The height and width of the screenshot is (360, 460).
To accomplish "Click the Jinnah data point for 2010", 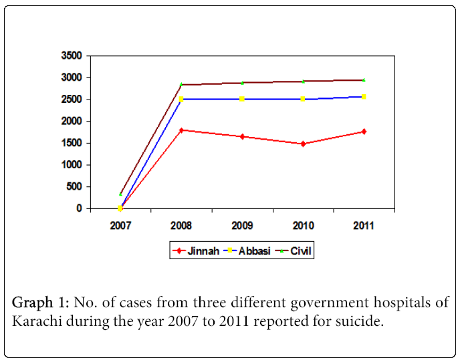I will tap(303, 144).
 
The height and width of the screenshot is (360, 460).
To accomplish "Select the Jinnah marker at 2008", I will tap(181, 130).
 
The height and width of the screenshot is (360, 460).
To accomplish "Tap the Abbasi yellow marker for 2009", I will tap(242, 99).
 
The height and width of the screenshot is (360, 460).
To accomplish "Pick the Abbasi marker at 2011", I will tap(364, 97).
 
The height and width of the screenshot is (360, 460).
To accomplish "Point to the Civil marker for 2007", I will tap(120, 194).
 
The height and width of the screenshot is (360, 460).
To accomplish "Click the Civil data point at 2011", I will tap(364, 80).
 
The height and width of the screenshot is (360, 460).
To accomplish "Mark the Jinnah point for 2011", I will tap(364, 132).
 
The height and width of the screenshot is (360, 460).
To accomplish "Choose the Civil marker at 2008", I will tap(181, 85).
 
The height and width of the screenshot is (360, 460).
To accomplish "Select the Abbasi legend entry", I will tap(244, 251).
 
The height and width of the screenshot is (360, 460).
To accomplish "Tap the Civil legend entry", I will tap(294, 251).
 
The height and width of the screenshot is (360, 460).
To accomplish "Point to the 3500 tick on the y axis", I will tap(72, 55).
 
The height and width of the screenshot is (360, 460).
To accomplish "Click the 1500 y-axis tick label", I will tap(72, 143).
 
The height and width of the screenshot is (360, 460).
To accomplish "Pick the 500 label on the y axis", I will tap(75, 186).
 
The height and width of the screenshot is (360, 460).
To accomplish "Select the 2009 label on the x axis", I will tap(242, 225).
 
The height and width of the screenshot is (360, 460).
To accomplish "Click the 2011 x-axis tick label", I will tap(364, 225).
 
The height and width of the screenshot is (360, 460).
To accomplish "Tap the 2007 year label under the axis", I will tap(120, 225).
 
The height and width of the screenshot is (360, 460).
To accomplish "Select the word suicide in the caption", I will tap(361, 322).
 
